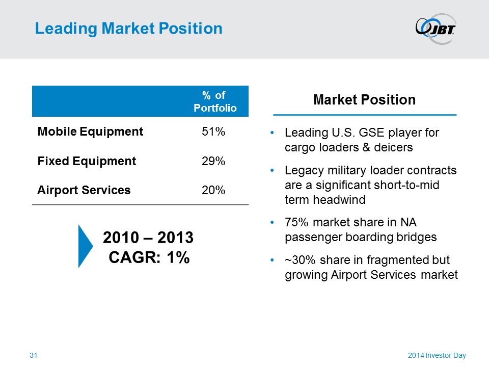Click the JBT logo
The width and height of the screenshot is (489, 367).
click(x=436, y=29)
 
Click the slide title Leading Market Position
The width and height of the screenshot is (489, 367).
click(x=128, y=29)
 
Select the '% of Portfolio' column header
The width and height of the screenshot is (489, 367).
click(x=214, y=101)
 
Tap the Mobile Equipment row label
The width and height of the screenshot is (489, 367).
click(x=90, y=132)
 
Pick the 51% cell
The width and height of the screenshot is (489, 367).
click(x=213, y=132)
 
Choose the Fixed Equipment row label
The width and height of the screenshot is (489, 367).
click(x=87, y=162)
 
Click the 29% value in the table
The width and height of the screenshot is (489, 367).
click(x=213, y=162)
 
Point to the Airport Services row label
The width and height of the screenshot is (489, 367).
click(x=84, y=191)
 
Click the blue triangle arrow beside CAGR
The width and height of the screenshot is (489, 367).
click(x=85, y=246)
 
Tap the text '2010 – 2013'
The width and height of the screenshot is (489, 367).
click(x=148, y=238)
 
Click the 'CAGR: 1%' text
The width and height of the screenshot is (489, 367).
click(x=149, y=257)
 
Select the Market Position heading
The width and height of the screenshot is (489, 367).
click(x=364, y=100)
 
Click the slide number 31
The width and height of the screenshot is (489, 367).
click(x=34, y=355)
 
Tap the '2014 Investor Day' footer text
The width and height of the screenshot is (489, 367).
click(x=437, y=355)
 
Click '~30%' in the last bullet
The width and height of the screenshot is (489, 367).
click(x=298, y=260)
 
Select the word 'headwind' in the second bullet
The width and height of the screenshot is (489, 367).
click(x=342, y=200)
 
